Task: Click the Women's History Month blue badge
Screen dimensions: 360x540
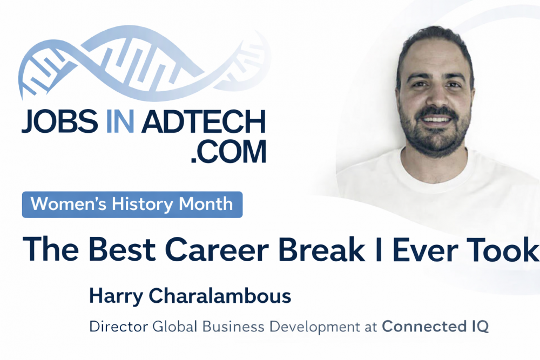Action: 132,205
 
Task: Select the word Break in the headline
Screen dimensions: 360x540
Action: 325,248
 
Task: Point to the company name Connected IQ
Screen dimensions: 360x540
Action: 435,327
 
